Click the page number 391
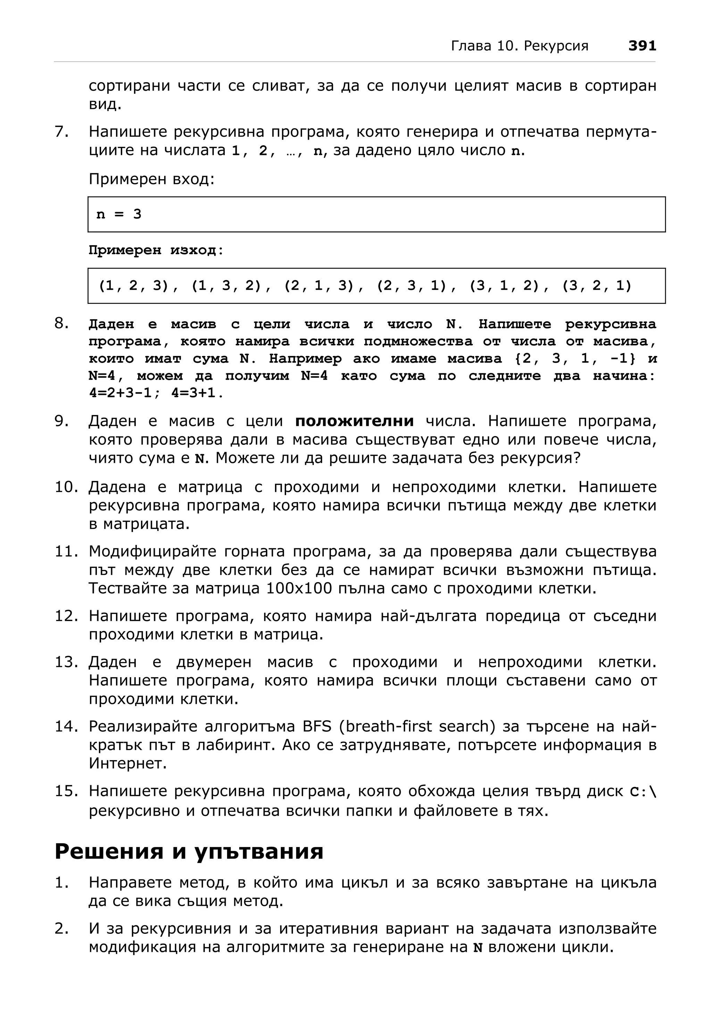tap(642, 46)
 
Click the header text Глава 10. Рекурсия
tap(519, 46)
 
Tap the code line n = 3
tap(119, 214)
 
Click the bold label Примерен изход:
tap(156, 250)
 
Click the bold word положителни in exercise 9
tap(354, 421)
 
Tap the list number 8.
tap(62, 324)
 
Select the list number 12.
tap(66, 616)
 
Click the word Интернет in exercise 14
tap(127, 763)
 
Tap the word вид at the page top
tap(104, 105)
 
